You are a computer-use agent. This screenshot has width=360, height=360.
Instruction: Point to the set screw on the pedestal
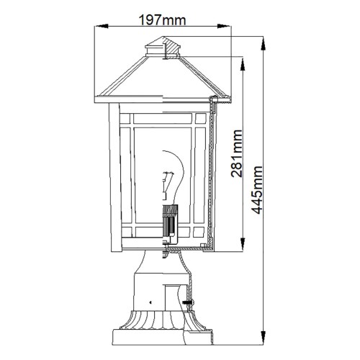click(191, 302)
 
